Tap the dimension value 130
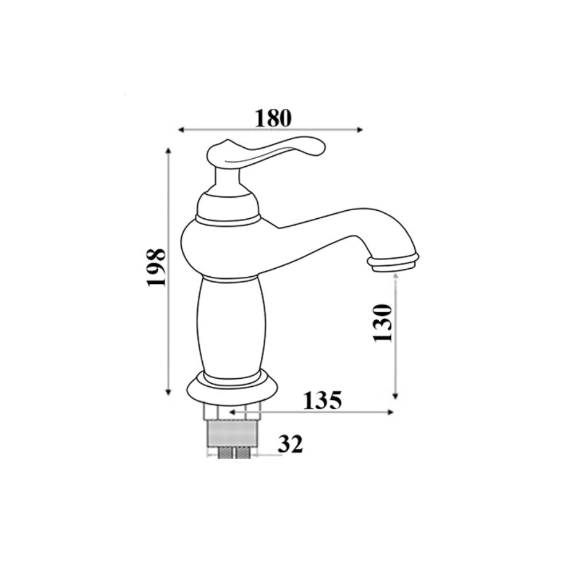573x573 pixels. point(382,323)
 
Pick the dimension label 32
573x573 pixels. point(290,444)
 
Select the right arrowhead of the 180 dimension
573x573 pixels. point(359,130)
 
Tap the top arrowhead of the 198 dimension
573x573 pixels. point(168,151)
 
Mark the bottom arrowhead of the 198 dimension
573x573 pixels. point(168,392)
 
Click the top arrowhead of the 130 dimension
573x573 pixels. point(395,276)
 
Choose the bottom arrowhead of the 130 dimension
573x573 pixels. point(395,395)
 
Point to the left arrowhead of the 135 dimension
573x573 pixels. point(232,412)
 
